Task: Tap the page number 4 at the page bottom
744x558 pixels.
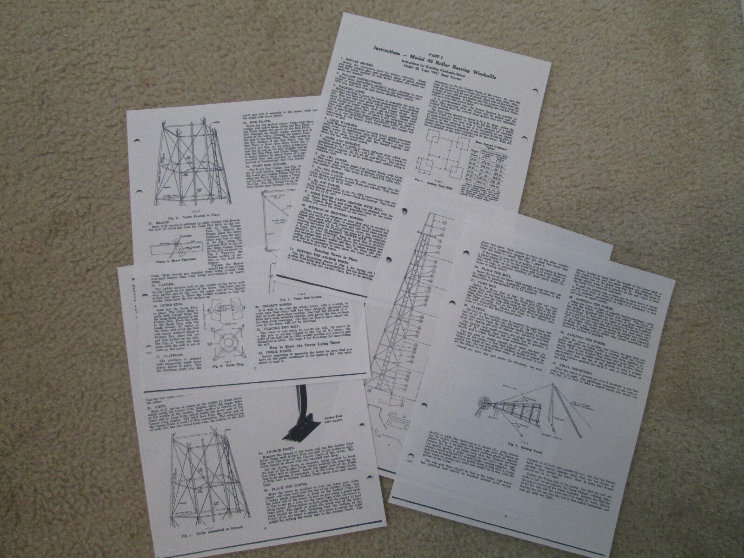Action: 265,542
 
